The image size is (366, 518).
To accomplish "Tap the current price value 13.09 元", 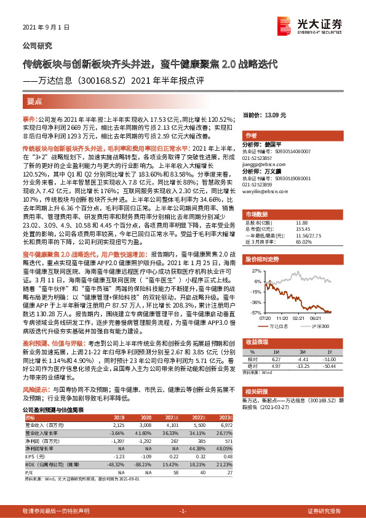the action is tap(290, 115).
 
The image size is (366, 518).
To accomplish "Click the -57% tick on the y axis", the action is tap(255, 312).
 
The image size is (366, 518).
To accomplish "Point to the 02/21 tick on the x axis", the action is tap(300, 318).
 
